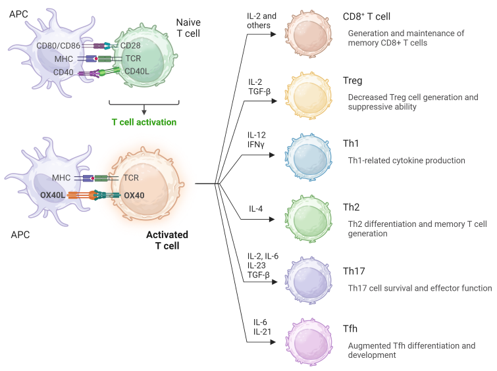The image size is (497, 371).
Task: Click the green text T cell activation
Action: tap(144, 122)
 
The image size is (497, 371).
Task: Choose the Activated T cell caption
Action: tap(167, 240)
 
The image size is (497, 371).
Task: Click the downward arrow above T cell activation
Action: tap(144, 109)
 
